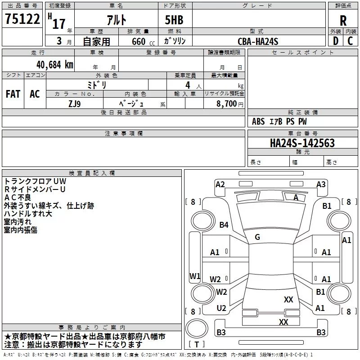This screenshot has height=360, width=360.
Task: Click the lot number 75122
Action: click(22, 18)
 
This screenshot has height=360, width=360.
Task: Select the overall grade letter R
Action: click(343, 21)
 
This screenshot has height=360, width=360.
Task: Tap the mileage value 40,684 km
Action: click(54, 65)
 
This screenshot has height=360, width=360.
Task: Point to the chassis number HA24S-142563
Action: click(302, 143)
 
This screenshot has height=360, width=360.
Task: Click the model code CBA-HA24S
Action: click(258, 41)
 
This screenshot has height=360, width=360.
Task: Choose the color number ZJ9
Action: click(75, 104)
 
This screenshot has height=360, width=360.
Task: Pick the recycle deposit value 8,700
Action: click(226, 103)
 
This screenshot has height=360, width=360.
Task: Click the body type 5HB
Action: click(174, 20)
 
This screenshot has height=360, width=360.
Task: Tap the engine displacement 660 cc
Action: click(143, 41)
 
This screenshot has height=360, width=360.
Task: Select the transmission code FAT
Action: click(13, 94)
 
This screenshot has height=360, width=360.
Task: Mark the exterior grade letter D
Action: click(336, 41)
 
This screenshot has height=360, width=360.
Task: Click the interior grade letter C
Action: click(350, 41)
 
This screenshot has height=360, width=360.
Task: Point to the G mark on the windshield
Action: click(257, 237)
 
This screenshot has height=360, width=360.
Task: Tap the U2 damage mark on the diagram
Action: click(221, 308)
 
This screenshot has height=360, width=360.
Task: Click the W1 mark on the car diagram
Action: click(195, 276)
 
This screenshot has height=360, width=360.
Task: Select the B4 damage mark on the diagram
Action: click(224, 225)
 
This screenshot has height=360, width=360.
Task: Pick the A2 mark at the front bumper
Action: click(220, 184)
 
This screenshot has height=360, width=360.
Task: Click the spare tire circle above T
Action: click(197, 328)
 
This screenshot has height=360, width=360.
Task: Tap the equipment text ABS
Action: click(258, 121)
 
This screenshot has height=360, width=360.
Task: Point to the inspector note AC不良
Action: click(18, 198)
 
